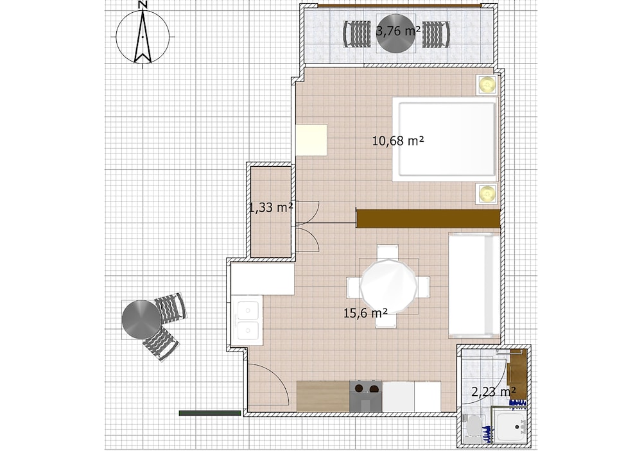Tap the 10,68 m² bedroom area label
[x=398, y=140]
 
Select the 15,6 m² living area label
[x=365, y=313]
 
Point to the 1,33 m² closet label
[x=271, y=207]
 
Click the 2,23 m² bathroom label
[x=493, y=391]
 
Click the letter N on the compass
[x=143, y=5]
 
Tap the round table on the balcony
[x=395, y=33]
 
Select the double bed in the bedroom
[x=445, y=139]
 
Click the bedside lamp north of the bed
[x=487, y=85]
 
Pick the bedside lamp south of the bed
[x=487, y=193]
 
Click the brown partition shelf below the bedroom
[x=428, y=219]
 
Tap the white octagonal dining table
[x=388, y=286]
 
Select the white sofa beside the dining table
[x=474, y=285]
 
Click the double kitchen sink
[x=247, y=321]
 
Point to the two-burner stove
[x=366, y=396]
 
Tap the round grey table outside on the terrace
[x=142, y=319]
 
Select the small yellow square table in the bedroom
[x=311, y=140]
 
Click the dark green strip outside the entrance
[x=210, y=413]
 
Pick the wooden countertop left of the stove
[x=323, y=396]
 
